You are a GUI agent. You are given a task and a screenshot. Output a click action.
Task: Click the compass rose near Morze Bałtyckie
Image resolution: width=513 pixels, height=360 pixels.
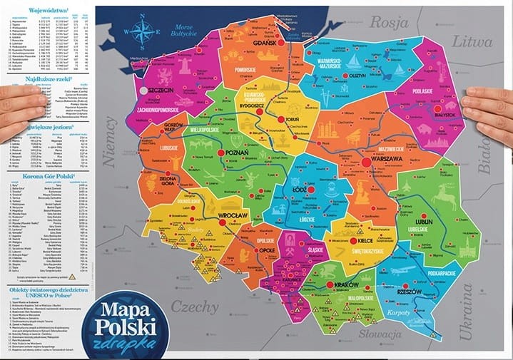pos(141,32)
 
